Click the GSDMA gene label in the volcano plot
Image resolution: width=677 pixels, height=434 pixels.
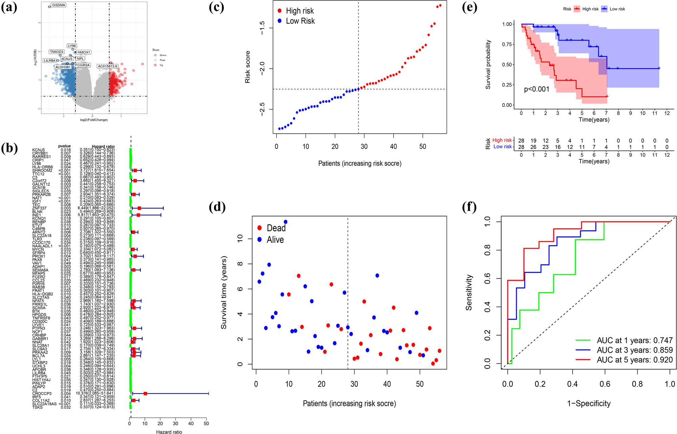[59, 5]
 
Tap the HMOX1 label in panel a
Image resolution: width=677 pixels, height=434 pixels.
[84, 52]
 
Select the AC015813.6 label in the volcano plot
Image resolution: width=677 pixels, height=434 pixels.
[107, 66]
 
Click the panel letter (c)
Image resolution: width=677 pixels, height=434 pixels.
[217, 7]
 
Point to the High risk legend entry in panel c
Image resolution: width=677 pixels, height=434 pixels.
[300, 11]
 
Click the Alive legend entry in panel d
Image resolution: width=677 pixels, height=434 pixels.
[275, 240]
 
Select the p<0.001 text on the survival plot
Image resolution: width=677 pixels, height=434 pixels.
[537, 89]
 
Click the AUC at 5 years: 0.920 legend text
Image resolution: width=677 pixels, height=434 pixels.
[634, 360]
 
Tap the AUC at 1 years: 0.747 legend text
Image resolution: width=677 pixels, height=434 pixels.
[634, 340]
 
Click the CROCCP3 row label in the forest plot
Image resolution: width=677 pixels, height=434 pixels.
[42, 393]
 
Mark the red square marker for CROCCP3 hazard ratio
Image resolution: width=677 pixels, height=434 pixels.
[145, 393]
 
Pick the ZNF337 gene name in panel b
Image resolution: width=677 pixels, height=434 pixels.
[39, 208]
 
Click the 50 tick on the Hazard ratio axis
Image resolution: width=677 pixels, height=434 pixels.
[206, 424]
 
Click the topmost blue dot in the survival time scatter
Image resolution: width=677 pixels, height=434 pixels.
[285, 222]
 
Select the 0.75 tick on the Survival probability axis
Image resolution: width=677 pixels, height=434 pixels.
[507, 44]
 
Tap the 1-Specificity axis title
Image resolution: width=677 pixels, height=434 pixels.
[589, 403]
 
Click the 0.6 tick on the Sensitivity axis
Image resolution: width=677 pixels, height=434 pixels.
[487, 279]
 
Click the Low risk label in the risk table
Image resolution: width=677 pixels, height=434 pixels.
[502, 147]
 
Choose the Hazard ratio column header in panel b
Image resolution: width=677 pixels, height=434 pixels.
[103, 146]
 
